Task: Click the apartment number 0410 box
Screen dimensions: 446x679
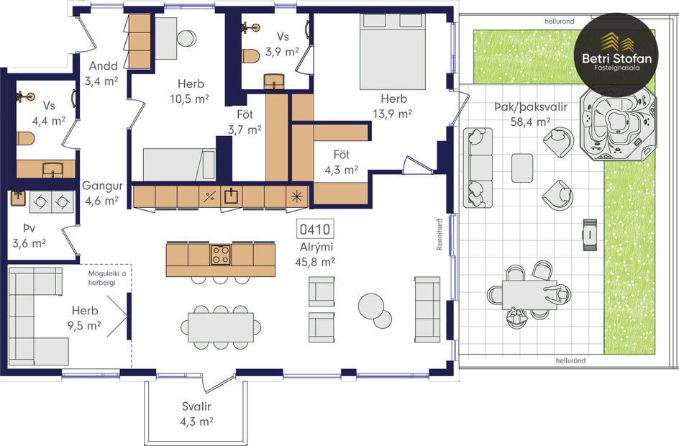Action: coord(315,230)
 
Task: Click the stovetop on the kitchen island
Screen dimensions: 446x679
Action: coord(221,255)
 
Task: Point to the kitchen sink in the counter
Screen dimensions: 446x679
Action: coord(231,196)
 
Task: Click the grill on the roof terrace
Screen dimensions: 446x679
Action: coord(589,232)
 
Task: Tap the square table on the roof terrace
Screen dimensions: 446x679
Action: coord(522,168)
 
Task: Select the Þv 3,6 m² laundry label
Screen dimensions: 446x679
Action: coord(29,237)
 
